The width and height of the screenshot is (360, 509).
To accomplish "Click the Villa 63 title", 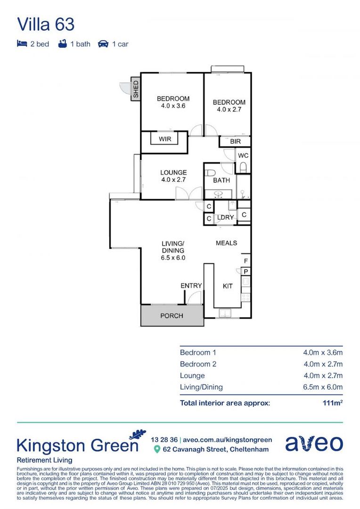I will click(46, 24).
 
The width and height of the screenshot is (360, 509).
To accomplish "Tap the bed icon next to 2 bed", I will click(22, 44).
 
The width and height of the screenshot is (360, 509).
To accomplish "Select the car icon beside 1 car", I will click(103, 44).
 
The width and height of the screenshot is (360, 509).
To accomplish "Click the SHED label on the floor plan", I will click(136, 90).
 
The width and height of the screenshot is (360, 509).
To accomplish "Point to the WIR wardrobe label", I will click(165, 139).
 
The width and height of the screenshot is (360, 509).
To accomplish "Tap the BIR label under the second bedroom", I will click(236, 141).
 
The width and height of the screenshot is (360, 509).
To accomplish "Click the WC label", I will click(243, 156).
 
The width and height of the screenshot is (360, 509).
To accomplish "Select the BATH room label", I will click(221, 180).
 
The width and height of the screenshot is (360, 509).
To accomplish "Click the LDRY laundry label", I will click(226, 217).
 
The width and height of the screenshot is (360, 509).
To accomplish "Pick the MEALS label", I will click(226, 243).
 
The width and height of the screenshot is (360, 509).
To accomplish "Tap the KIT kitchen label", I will click(228, 286).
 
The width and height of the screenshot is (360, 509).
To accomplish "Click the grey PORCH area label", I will click(172, 315).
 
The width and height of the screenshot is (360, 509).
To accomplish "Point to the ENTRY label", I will click(191, 286).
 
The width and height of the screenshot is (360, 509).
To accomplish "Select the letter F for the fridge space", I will click(245, 261).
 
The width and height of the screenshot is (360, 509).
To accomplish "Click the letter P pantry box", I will click(245, 271).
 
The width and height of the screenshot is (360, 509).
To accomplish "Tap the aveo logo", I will click(314, 443).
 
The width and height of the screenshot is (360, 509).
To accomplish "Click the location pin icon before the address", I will click(157, 449).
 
